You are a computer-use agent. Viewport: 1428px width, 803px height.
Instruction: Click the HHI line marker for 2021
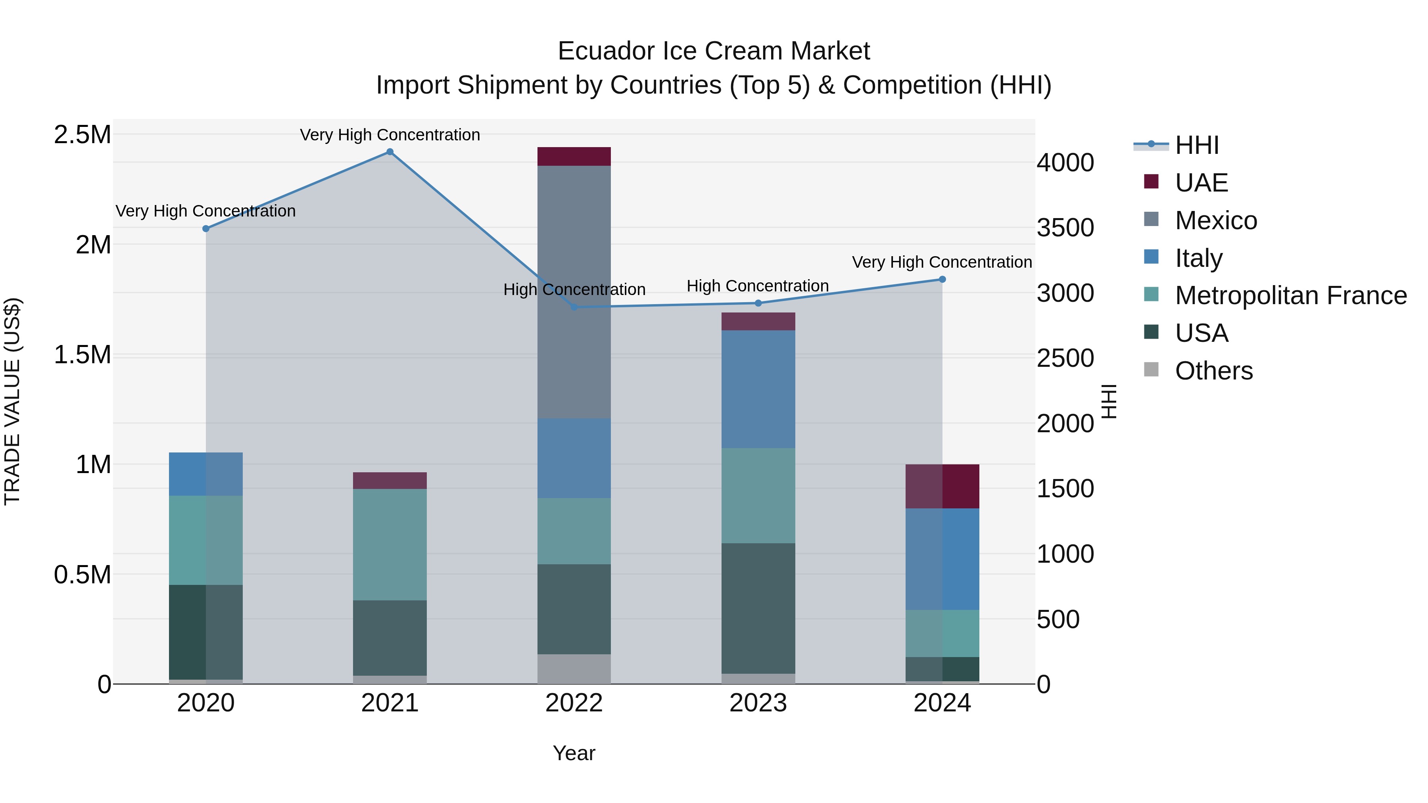point(390,152)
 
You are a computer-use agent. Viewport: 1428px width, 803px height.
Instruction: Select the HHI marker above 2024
point(942,279)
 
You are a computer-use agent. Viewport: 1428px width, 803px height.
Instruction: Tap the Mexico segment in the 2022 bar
point(574,292)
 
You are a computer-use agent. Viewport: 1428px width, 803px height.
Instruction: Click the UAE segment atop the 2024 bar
point(942,486)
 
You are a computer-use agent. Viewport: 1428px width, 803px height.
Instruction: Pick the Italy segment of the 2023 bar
point(758,389)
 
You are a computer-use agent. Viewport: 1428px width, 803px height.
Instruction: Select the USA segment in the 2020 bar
point(205,632)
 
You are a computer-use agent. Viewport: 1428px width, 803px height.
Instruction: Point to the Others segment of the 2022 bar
point(574,669)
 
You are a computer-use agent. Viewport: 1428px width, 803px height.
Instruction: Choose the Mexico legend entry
point(1216,220)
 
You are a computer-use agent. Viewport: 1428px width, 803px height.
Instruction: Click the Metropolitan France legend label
point(1290,295)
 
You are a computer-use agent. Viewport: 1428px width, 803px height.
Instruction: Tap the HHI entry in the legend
point(1196,145)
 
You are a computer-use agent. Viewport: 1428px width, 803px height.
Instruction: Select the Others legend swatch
point(1152,370)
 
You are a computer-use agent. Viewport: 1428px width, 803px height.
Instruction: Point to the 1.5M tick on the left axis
point(83,355)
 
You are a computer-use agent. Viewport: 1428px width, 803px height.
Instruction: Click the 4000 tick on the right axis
point(1065,163)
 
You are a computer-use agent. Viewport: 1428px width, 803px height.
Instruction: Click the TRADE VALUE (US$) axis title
point(12,401)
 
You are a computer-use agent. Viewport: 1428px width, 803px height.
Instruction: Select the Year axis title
point(574,753)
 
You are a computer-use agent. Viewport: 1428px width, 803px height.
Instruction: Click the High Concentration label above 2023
point(757,286)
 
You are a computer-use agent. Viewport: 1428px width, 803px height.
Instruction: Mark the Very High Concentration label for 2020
point(205,211)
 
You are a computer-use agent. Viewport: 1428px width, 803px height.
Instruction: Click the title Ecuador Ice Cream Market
point(714,51)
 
